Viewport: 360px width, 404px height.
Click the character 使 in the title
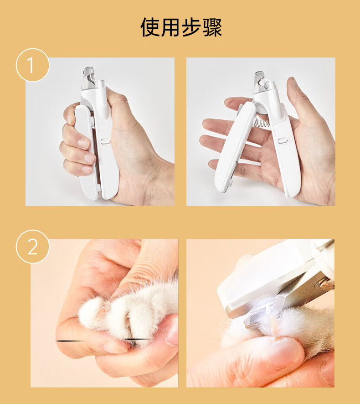tap(150, 27)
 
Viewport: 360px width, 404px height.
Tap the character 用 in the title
tap(170, 27)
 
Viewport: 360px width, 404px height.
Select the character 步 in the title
tap(191, 27)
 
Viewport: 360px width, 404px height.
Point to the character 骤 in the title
tap(212, 27)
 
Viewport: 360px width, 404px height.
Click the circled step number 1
tap(33, 65)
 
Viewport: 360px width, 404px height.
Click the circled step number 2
tap(33, 247)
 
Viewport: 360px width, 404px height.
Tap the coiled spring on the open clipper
tap(262, 122)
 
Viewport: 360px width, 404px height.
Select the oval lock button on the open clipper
tap(283, 141)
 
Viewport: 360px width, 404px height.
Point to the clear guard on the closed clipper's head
tap(87, 78)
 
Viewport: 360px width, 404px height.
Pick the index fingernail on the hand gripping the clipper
tap(70, 119)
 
